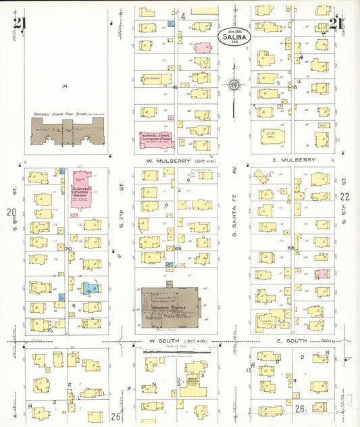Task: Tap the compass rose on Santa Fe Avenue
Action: [234, 84]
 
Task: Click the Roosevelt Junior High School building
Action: [68, 130]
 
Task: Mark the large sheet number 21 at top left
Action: [20, 24]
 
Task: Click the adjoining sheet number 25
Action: [115, 417]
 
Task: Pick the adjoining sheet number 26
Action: [301, 409]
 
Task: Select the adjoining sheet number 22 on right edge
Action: [345, 197]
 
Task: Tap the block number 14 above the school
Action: [65, 86]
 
